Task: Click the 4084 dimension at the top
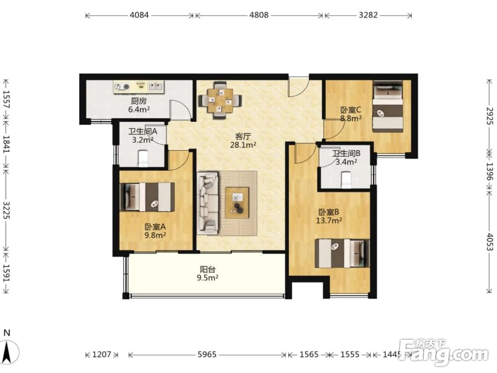click(x=139, y=15)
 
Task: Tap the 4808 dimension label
click(x=259, y=15)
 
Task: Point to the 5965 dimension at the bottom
click(x=207, y=354)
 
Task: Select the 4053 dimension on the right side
click(x=490, y=242)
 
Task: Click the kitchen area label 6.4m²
click(x=139, y=110)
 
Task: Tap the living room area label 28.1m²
click(x=243, y=145)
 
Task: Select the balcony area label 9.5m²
click(x=208, y=278)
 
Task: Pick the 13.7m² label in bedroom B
click(x=329, y=220)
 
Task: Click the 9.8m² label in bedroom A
click(x=155, y=235)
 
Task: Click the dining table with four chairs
click(x=220, y=100)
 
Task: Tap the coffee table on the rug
click(x=237, y=203)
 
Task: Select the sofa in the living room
click(x=208, y=203)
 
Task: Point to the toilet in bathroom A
click(x=143, y=158)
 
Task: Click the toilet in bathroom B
click(x=345, y=180)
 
